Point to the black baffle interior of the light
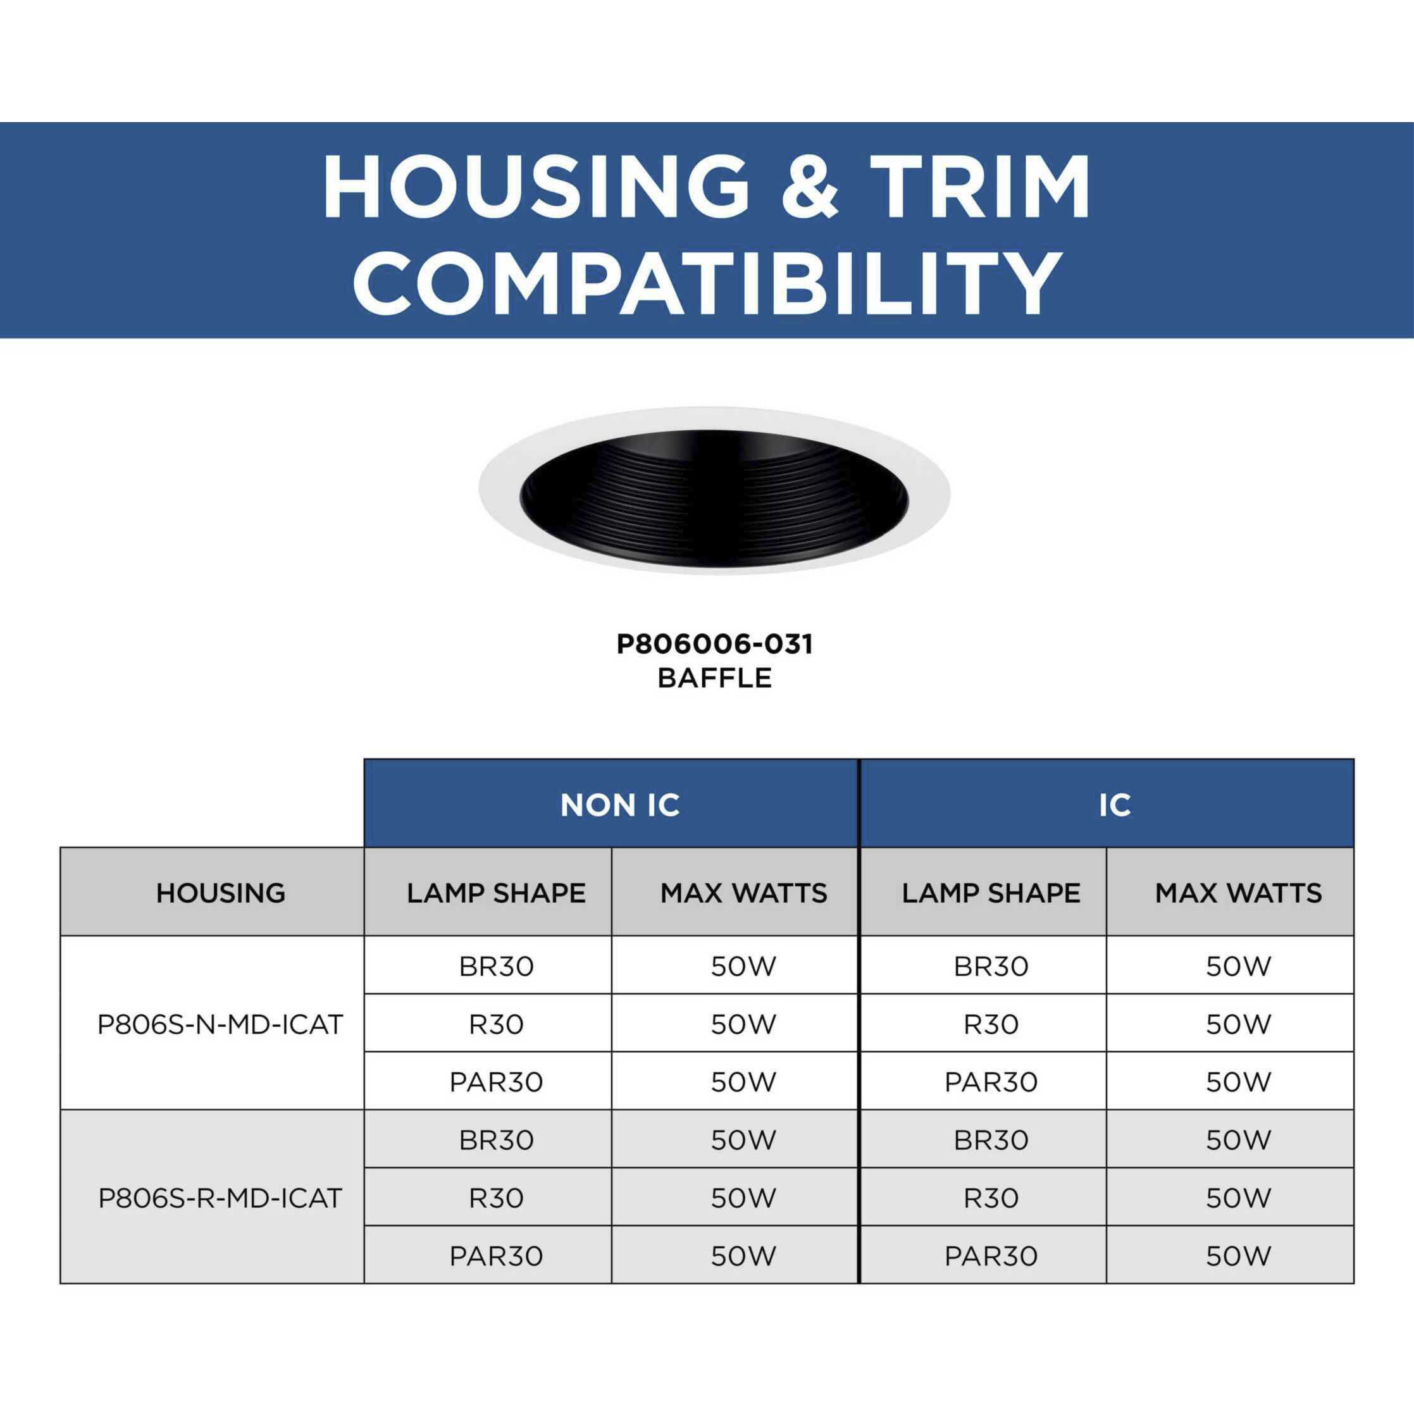coord(714,505)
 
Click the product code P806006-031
coord(714,645)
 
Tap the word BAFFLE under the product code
coord(714,678)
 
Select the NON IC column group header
coord(619,805)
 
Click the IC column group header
coord(1114,805)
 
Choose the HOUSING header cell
coord(220,893)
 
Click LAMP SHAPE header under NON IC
coord(495,893)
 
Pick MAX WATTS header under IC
coord(1238,893)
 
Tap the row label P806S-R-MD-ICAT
coord(220,1198)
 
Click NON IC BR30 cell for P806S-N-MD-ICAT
coord(495,967)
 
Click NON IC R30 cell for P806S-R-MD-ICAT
coord(495,1198)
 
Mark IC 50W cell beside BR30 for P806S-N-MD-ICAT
coord(1238,967)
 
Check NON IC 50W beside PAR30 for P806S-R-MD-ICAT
coord(743,1256)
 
